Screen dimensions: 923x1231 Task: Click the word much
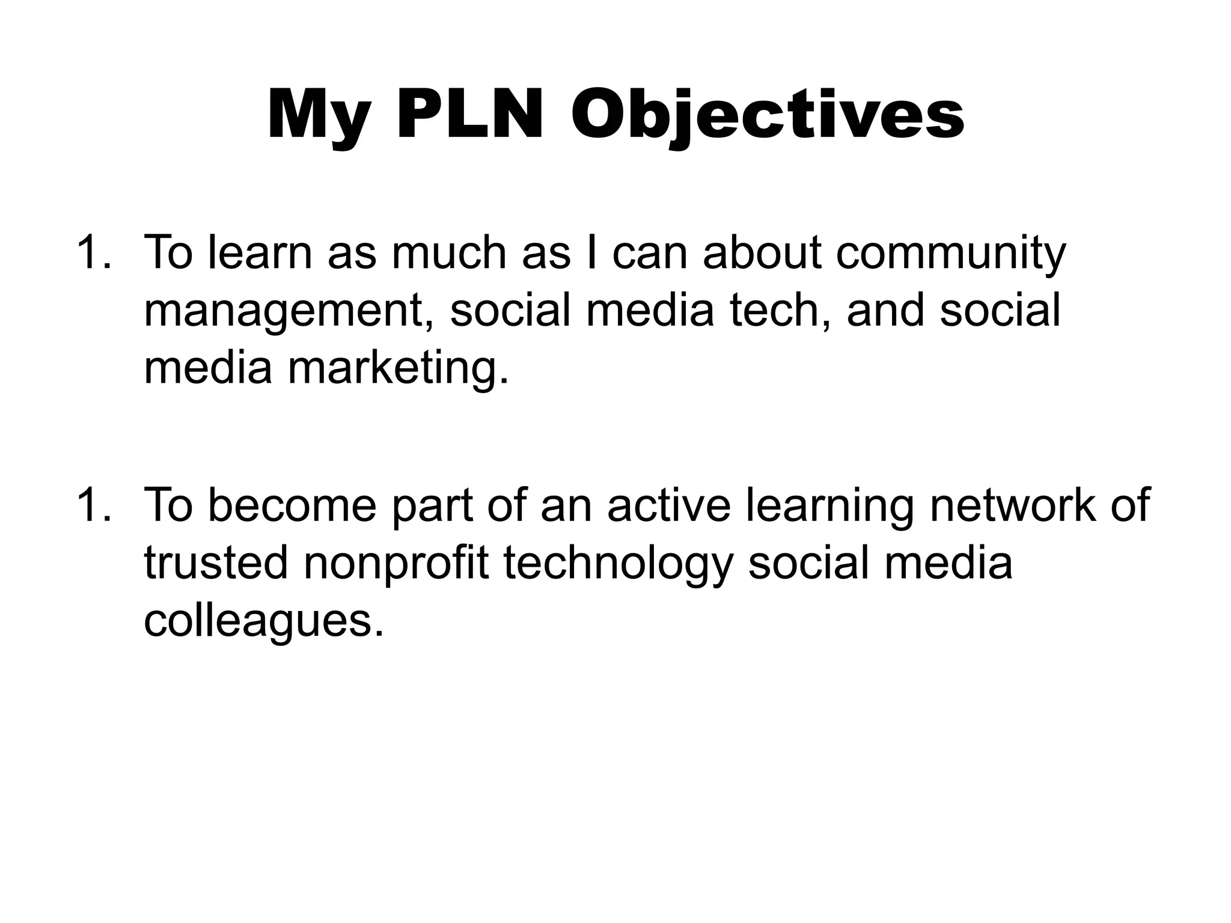(449, 252)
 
